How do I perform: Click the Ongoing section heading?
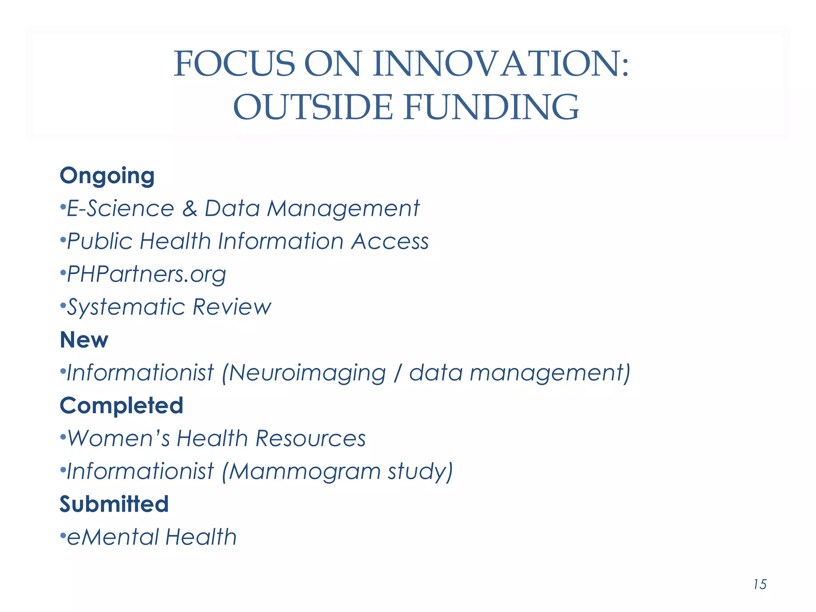pos(107,176)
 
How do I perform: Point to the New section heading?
pos(84,340)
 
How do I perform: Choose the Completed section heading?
pos(122,406)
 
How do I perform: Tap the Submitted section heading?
pos(114,504)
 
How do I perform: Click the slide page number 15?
pos(760,585)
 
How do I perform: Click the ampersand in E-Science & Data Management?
pos(190,208)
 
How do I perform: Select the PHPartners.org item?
pos(146,275)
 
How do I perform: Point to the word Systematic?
pos(126,307)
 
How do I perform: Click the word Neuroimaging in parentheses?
pos(307,373)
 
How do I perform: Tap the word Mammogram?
pos(304,471)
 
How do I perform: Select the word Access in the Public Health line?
pos(390,241)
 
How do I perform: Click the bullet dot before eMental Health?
pos(63,536)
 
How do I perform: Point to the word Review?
pos(232,307)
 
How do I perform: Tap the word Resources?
pos(310,438)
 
